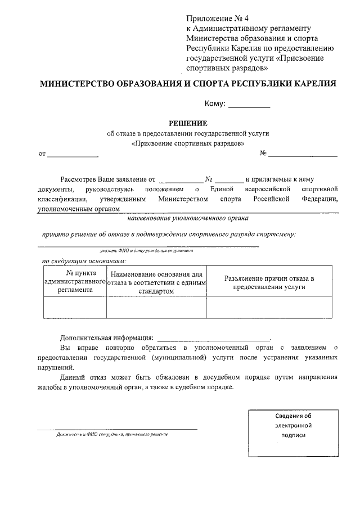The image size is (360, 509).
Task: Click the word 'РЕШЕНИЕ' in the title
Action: click(188, 123)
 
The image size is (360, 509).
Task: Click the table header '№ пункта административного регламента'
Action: click(75, 282)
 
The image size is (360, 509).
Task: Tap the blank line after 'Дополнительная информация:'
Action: click(214, 339)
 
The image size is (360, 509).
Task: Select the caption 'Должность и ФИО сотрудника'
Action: click(112, 434)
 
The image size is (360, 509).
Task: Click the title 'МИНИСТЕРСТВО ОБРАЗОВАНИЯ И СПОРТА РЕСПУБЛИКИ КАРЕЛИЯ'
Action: click(188, 84)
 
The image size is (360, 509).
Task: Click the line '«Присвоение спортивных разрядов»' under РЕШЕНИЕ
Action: click(188, 143)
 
